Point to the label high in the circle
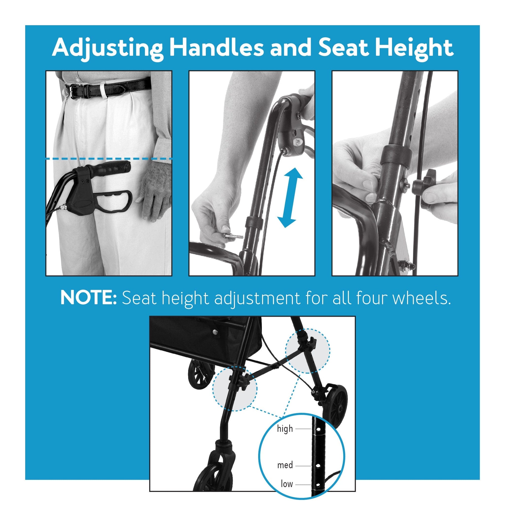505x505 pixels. click(285, 429)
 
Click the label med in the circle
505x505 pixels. click(285, 465)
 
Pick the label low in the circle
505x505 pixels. click(287, 484)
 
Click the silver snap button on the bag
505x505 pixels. click(214, 332)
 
